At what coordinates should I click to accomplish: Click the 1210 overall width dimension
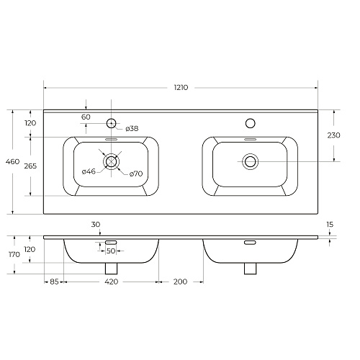[x=181, y=88]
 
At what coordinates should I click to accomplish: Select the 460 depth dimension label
[x=12, y=161]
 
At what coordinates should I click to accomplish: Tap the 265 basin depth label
[x=30, y=166]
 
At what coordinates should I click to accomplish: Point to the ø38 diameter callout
[x=132, y=128]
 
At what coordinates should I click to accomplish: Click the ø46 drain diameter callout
[x=89, y=171]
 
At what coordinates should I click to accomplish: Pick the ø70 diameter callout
[x=136, y=174]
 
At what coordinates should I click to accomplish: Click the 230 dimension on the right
[x=333, y=135]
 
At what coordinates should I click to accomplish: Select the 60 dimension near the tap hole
[x=86, y=117]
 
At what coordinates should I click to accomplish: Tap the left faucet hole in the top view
[x=111, y=123]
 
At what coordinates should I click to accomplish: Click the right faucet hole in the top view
[x=251, y=123]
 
